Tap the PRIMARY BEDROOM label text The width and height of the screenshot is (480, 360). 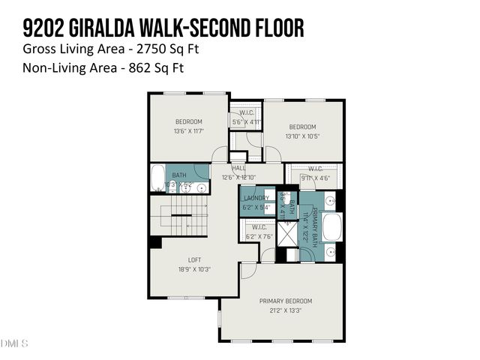pos(285,301)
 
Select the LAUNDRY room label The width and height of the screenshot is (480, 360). pos(256,199)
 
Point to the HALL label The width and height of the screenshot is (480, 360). pos(238,169)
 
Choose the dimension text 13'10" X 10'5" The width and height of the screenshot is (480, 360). pos(302,136)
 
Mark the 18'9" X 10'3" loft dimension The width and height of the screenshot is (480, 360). pos(194,269)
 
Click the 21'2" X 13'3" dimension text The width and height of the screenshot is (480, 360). pos(285,310)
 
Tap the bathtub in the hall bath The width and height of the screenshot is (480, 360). pos(157,179)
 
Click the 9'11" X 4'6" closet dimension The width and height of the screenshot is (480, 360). pos(315,178)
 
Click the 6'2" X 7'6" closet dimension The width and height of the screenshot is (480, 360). pos(259,236)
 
